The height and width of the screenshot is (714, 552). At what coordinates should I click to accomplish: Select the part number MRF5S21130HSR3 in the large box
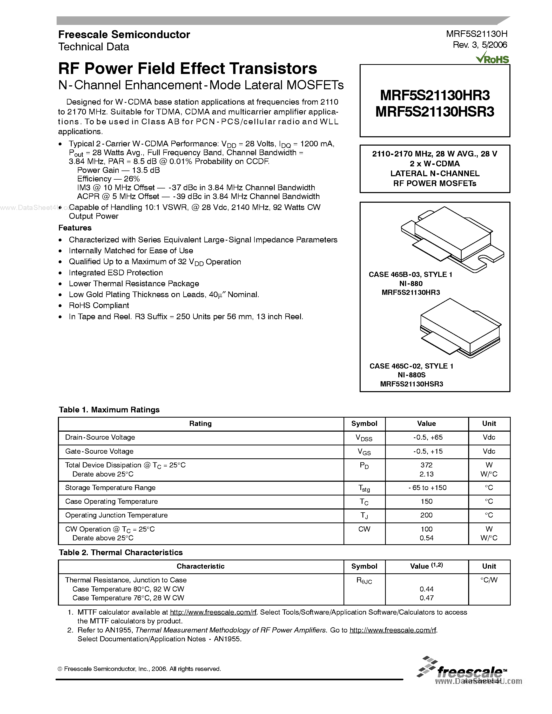(435, 112)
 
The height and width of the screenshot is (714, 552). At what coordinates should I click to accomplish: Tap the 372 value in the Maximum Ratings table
(426, 465)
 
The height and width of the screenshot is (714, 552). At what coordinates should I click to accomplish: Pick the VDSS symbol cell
(364, 438)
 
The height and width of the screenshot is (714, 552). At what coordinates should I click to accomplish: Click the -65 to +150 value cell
(427, 487)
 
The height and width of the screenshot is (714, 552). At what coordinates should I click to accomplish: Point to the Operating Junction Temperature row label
(116, 515)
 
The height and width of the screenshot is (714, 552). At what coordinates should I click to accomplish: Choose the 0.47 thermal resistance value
(426, 598)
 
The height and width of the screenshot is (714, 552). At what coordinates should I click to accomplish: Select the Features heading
(75, 228)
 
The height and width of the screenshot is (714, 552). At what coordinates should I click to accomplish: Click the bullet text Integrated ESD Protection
(116, 273)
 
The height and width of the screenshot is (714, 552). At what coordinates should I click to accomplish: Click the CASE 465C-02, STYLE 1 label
(411, 366)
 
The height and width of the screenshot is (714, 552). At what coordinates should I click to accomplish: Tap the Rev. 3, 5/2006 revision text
(480, 45)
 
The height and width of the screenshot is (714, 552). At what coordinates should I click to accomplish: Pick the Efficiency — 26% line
(109, 179)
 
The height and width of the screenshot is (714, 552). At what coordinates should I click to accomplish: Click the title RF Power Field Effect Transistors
(187, 69)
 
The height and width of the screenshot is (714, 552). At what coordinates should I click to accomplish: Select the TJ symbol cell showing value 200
(364, 515)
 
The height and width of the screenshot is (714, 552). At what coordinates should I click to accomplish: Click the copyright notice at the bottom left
(140, 669)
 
